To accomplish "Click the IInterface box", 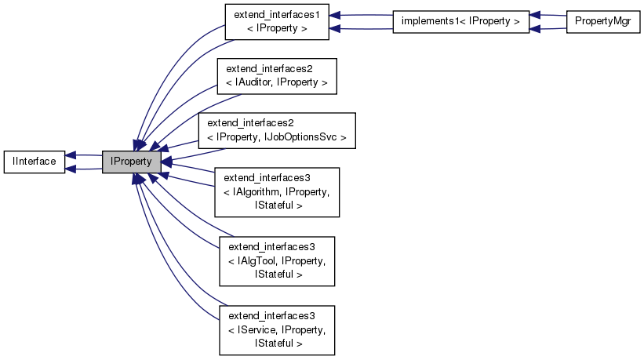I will click(x=34, y=162).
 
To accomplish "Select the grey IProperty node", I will click(x=132, y=162).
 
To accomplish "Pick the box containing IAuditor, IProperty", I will click(x=276, y=76).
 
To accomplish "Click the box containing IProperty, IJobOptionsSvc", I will click(x=277, y=131).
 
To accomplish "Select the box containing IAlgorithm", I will click(x=276, y=191).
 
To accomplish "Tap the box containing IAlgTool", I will click(x=276, y=260).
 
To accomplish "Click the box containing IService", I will click(x=276, y=329).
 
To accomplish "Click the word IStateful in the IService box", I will click(x=276, y=343).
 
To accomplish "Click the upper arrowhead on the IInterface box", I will click(x=71, y=155).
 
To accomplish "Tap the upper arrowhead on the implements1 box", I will click(x=534, y=15).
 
